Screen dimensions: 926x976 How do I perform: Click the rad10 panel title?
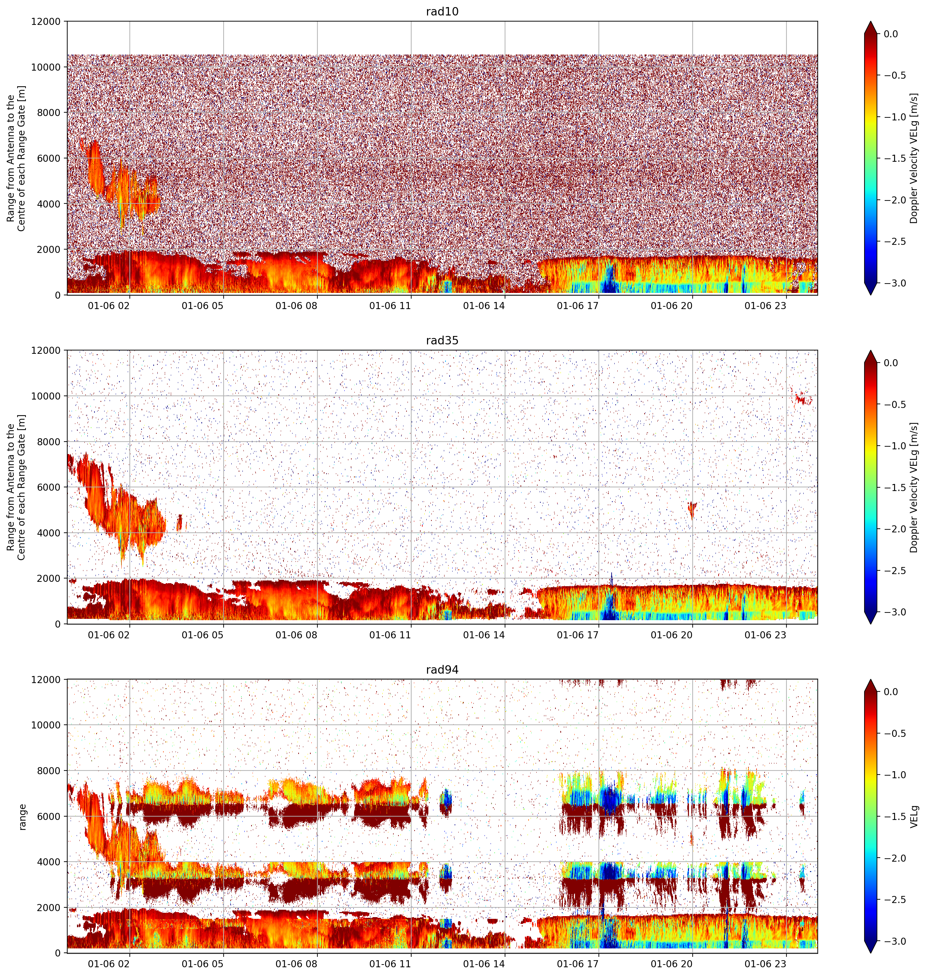442,11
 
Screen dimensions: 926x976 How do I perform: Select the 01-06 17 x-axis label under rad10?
578,306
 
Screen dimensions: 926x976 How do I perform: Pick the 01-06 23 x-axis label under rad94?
765,964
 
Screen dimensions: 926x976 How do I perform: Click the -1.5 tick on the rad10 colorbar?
894,158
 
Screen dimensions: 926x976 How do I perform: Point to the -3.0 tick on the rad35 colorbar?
894,612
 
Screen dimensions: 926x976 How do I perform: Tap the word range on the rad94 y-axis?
22,817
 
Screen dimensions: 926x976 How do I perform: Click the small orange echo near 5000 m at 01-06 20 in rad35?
692,509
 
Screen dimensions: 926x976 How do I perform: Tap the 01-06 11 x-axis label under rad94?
390,964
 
